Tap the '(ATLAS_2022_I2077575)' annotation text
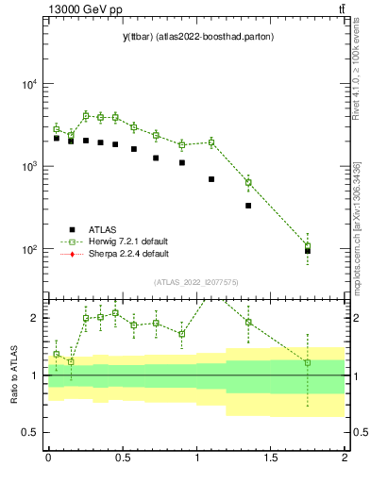click(x=194, y=282)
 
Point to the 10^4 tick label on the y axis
click(x=30, y=84)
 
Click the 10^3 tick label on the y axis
click(x=30, y=167)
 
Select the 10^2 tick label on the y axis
click(x=30, y=250)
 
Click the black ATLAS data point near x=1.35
click(x=248, y=206)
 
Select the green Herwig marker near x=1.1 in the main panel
click(x=211, y=142)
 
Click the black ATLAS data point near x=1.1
click(x=211, y=179)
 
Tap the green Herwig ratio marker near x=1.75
click(x=308, y=362)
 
